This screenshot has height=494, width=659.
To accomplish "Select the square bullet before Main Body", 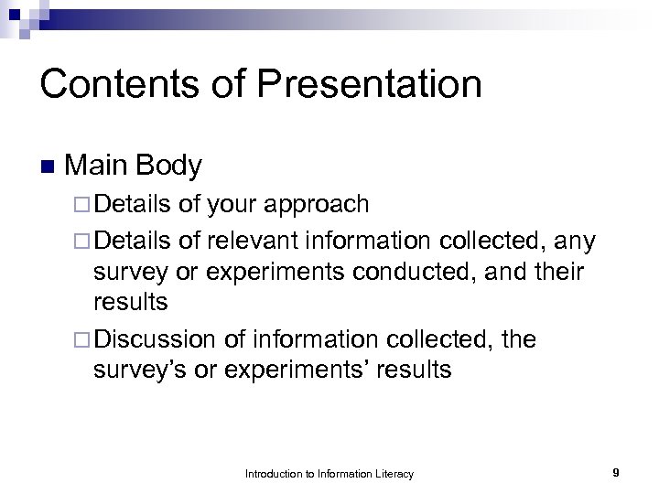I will tap(48, 167).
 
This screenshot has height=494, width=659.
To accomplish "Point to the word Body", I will tap(169, 166).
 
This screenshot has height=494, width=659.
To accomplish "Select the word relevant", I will tap(254, 242).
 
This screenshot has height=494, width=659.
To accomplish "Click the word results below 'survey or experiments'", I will tap(134, 303).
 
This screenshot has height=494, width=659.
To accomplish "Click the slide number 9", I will tap(616, 473).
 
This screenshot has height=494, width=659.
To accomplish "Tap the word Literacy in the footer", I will tap(394, 474).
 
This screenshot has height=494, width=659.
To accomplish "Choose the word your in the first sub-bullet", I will tap(229, 204).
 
